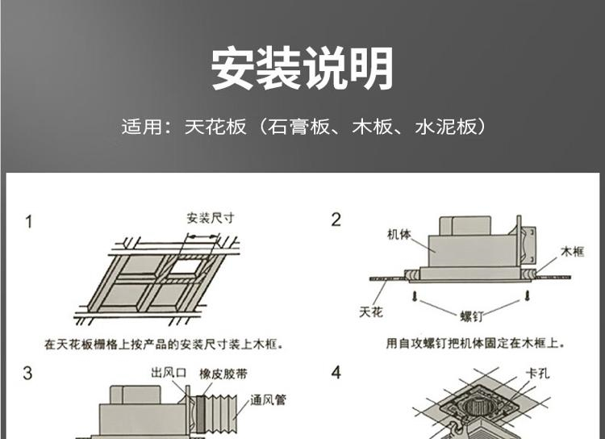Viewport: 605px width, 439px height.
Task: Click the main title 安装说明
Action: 302,69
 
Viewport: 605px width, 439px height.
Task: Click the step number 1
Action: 28,222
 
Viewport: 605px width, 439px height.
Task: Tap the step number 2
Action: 336,219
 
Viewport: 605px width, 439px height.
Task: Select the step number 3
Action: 27,374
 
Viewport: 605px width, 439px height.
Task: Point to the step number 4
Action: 336,373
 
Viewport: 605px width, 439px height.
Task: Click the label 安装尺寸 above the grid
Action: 211,218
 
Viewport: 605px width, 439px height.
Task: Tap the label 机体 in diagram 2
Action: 399,234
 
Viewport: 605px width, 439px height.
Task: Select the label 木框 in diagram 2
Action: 573,252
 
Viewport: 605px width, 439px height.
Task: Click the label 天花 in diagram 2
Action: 371,311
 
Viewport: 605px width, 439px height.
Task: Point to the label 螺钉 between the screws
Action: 472,316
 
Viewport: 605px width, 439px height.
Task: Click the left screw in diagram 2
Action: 415,296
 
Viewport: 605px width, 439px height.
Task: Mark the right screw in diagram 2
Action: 528,296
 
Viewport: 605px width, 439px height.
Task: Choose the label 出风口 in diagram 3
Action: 169,373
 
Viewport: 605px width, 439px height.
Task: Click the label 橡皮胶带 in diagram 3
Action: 223,374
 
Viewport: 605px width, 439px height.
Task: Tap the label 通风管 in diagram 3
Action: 268,400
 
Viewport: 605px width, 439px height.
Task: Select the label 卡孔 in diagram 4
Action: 537,374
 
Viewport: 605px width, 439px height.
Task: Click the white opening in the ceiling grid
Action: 186,268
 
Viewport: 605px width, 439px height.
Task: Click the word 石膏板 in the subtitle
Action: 298,127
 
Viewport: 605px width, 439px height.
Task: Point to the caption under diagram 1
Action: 164,344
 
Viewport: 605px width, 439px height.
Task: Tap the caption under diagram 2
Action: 475,343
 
